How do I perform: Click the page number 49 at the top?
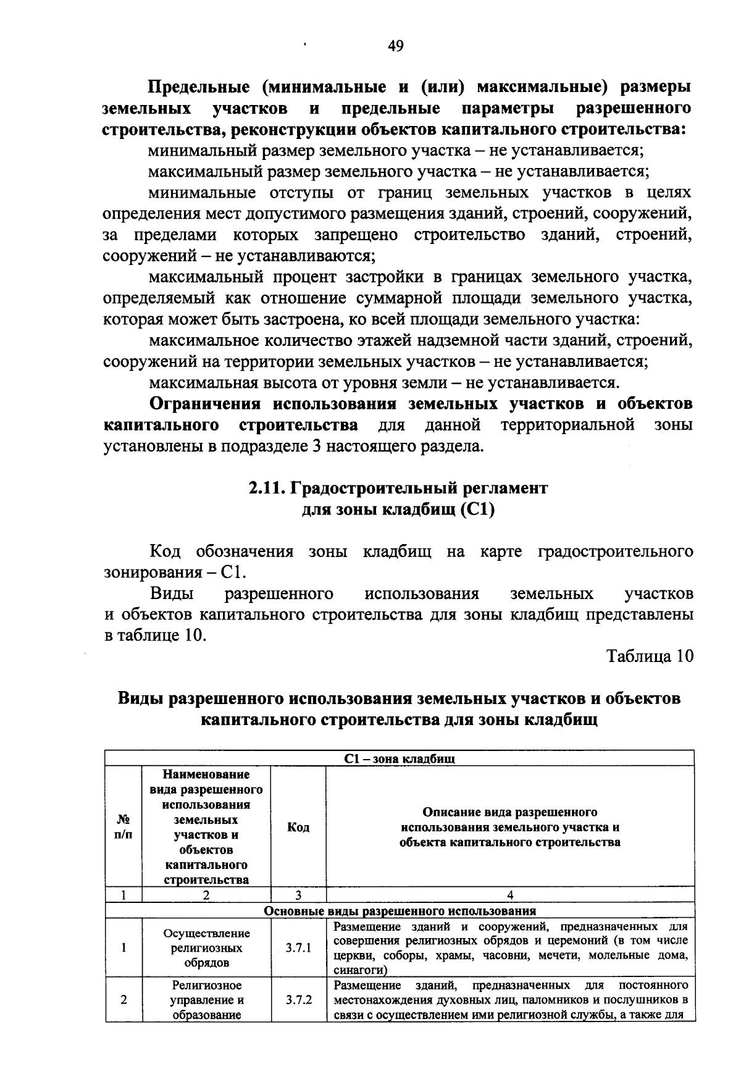click(395, 46)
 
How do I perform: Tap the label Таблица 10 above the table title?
click(650, 656)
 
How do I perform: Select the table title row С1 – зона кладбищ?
click(399, 759)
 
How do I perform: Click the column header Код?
click(298, 827)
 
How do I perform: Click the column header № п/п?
click(124, 827)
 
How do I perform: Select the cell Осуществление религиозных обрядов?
click(206, 948)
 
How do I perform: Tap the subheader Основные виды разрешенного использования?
click(399, 911)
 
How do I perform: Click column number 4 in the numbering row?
click(509, 895)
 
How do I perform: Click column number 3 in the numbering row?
click(298, 895)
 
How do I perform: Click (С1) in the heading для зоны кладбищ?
click(477, 510)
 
